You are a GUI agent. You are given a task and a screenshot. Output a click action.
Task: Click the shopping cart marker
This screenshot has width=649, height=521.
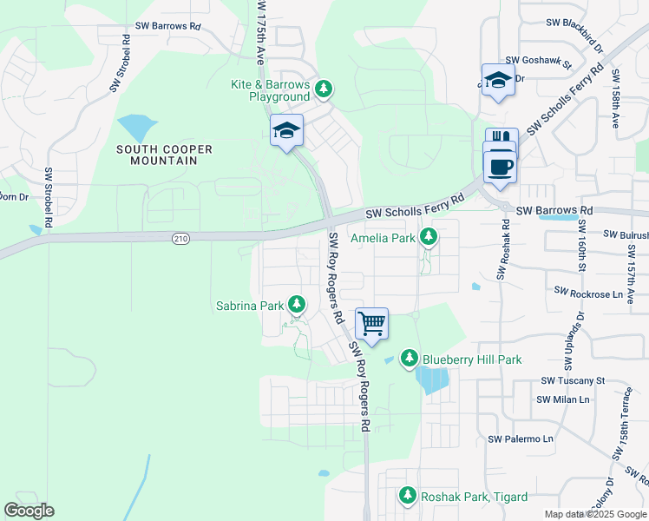[371, 324]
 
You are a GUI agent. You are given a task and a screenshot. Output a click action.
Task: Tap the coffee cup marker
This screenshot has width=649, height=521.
[501, 165]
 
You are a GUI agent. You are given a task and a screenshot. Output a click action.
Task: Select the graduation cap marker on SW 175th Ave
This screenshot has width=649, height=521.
[287, 131]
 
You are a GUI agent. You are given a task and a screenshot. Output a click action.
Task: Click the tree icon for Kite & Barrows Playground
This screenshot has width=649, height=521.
[323, 89]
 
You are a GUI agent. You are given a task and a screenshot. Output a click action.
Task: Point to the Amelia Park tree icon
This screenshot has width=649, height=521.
[428, 237]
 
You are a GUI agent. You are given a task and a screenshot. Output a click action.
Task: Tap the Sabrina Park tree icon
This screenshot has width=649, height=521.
[297, 305]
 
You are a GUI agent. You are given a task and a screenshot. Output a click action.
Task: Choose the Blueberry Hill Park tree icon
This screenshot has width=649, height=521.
[410, 359]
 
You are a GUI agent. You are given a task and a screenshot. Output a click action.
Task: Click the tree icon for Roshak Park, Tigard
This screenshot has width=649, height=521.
[408, 496]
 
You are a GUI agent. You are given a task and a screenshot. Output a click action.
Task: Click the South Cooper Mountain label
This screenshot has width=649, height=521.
[164, 155]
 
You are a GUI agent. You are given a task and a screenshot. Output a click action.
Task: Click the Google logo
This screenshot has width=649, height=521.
[29, 510]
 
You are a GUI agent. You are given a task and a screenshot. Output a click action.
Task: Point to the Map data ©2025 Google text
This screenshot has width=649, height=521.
[595, 514]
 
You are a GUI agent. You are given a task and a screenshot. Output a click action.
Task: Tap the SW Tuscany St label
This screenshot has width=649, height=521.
[573, 380]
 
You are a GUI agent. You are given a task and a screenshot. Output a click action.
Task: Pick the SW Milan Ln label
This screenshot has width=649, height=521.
[563, 399]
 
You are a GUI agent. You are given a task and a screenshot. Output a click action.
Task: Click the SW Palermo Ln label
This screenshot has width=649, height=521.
[521, 439]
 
